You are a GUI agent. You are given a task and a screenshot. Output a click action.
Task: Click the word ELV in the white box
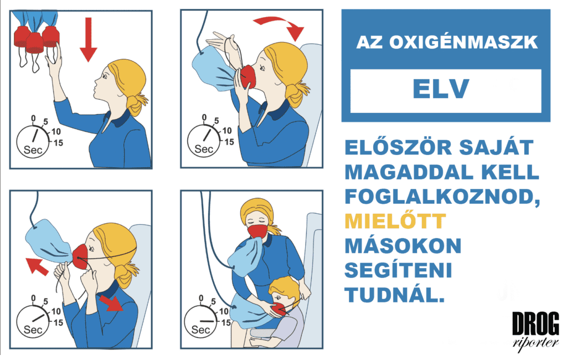441,89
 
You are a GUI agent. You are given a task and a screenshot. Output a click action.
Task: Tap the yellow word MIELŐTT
395,221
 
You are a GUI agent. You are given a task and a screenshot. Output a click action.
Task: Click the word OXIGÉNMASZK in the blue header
463,42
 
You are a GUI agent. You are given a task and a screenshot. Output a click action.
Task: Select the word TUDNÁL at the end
394,295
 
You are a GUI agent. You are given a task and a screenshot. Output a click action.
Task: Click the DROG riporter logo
535,329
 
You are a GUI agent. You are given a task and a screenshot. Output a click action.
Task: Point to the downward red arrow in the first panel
88,39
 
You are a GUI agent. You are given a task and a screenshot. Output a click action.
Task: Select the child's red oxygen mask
279,310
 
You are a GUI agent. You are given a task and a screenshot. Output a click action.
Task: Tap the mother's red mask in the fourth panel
257,230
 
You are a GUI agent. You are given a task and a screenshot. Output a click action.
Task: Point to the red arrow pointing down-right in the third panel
111,303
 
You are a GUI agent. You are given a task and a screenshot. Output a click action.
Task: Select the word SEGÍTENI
398,270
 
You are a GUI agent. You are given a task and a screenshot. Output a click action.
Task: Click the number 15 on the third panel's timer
58,322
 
